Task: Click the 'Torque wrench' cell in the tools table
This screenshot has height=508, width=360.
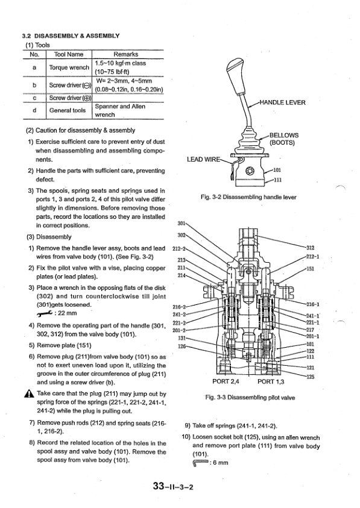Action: coord(69,67)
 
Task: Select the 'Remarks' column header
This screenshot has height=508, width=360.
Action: coord(125,54)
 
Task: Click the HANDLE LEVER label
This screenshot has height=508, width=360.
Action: coord(282,102)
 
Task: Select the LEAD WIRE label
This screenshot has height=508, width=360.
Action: coord(203,160)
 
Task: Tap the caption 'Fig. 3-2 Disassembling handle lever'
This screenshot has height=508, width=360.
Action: coord(249,197)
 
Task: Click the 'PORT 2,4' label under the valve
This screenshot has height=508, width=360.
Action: coord(226,381)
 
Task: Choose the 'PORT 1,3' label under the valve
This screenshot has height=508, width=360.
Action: coord(271,381)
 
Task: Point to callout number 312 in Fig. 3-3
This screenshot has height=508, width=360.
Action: coord(310,248)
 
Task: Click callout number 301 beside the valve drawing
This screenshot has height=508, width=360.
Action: coord(182,223)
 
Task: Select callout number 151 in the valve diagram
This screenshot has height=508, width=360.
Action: coord(310,269)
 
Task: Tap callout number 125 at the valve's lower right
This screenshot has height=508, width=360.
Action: coord(310,377)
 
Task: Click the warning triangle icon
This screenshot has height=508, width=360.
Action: coord(29,394)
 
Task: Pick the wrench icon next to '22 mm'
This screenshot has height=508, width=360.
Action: coord(45,313)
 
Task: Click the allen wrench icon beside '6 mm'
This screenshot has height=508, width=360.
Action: coord(201,463)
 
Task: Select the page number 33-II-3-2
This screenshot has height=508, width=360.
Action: coord(173,487)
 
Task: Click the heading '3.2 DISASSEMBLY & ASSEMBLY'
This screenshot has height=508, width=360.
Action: coord(71,36)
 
